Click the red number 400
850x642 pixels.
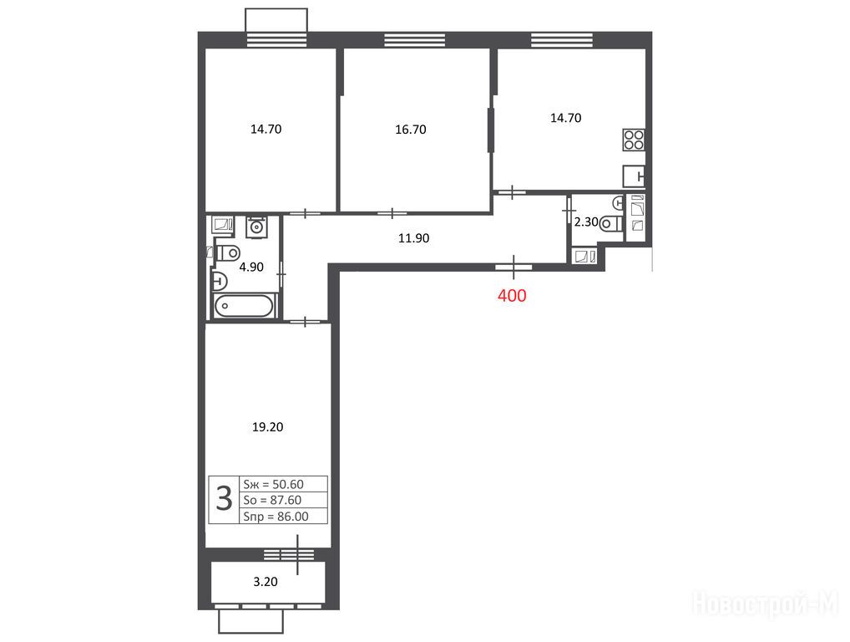tap(512, 295)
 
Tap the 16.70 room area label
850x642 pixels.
tap(410, 130)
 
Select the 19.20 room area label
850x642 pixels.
tap(267, 427)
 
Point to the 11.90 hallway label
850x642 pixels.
tap(413, 237)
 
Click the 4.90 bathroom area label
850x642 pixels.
tap(251, 267)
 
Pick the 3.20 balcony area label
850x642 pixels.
tap(266, 582)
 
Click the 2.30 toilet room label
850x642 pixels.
tap(586, 222)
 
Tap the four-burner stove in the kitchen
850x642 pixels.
tap(634, 140)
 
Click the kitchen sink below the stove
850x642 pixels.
tap(634, 176)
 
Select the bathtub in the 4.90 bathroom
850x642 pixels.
tap(244, 305)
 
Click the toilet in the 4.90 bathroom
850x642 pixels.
tap(228, 252)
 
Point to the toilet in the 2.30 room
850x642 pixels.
tap(611, 223)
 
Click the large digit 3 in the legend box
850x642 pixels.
tap(224, 499)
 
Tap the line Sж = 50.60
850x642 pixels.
tap(273, 484)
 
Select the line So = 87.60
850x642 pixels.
tap(272, 500)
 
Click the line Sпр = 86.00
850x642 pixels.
tap(276, 516)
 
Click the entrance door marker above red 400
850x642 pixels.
tap(514, 267)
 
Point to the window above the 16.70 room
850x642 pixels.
tap(415, 40)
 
